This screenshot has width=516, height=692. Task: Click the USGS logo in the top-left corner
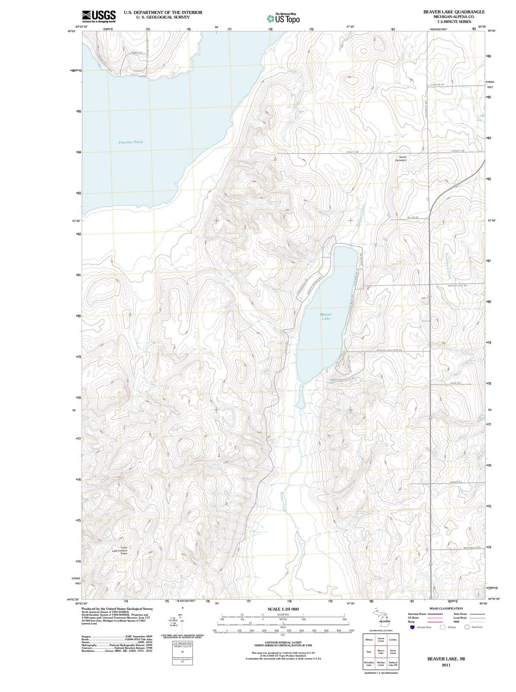click(x=99, y=16)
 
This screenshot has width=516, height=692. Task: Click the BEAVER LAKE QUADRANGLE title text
click(x=454, y=12)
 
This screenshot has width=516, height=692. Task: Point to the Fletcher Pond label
click(x=130, y=142)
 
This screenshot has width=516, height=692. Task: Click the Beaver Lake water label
click(x=326, y=316)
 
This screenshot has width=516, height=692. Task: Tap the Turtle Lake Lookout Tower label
click(x=120, y=550)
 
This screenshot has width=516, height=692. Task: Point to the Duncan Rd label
click(x=437, y=85)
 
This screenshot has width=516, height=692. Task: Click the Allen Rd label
click(x=413, y=217)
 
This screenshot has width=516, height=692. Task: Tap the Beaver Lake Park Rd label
click(x=389, y=350)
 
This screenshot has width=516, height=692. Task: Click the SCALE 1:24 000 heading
click(x=283, y=609)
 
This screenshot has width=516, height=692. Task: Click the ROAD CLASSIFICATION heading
click(x=446, y=609)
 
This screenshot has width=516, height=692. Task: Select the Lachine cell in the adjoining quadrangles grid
click(x=393, y=639)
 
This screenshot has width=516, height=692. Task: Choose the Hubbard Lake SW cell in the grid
click(x=393, y=664)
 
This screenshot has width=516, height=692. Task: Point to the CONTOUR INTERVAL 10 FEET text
click(x=283, y=642)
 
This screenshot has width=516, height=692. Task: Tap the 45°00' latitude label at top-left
click(x=71, y=31)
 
